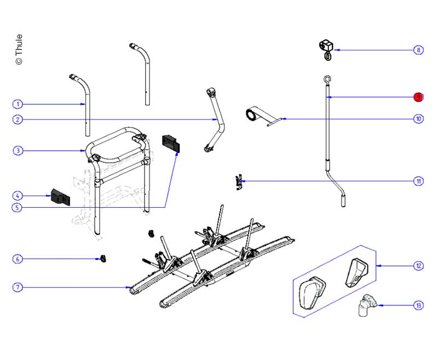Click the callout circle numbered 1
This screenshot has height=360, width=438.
pyautogui.click(x=18, y=104)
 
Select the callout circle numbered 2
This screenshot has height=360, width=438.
pyautogui.click(x=18, y=119)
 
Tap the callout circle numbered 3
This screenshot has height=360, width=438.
pyautogui.click(x=18, y=150)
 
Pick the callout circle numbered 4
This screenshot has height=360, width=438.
pyautogui.click(x=18, y=195)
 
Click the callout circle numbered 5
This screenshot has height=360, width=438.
pyautogui.click(x=18, y=207)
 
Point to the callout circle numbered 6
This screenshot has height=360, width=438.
pyautogui.click(x=18, y=259)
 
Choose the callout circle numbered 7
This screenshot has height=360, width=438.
pyautogui.click(x=18, y=287)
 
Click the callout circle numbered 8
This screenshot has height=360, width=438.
pyautogui.click(x=418, y=50)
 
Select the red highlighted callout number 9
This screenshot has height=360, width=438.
pyautogui.click(x=418, y=97)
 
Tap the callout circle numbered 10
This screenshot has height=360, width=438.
pyautogui.click(x=418, y=118)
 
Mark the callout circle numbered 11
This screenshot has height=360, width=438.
pyautogui.click(x=418, y=181)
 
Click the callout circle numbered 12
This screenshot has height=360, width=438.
pyautogui.click(x=418, y=266)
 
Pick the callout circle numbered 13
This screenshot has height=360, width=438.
pyautogui.click(x=418, y=305)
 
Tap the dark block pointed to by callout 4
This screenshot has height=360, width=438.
pyautogui.click(x=60, y=197)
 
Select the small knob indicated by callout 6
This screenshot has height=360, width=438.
pyautogui.click(x=102, y=258)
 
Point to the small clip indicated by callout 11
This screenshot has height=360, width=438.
pyautogui.click(x=238, y=181)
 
